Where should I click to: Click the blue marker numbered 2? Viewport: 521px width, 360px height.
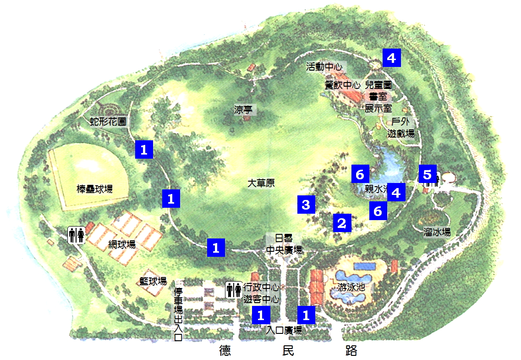(341, 223)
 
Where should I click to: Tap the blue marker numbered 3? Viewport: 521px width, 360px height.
(306, 204)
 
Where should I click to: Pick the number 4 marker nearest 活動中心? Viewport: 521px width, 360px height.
(391, 58)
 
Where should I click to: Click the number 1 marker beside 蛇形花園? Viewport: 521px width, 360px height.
(144, 150)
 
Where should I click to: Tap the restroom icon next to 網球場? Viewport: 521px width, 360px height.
(77, 235)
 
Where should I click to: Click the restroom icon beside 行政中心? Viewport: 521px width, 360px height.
(234, 290)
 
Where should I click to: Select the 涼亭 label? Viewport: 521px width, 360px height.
(242, 110)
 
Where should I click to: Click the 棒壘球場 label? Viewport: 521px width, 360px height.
(95, 188)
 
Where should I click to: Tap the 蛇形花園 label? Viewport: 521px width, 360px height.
(108, 122)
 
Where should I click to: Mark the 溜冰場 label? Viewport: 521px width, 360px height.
(437, 232)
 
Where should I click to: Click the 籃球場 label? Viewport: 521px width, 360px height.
(153, 281)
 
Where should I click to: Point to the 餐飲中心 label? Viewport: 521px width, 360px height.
(342, 85)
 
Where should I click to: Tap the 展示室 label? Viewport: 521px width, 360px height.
(378, 109)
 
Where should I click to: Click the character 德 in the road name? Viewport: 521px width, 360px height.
(225, 351)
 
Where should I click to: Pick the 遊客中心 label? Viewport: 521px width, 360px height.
(261, 300)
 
